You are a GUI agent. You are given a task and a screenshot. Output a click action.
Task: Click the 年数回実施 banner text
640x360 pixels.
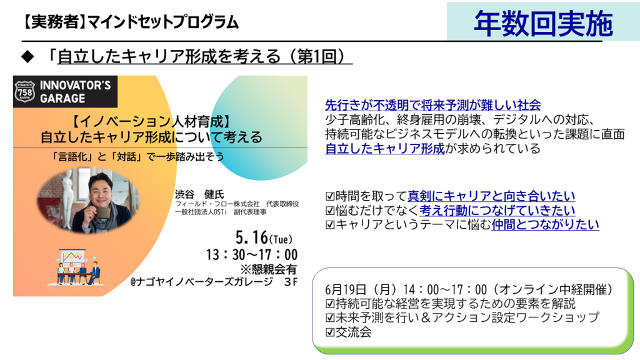pos(543,24)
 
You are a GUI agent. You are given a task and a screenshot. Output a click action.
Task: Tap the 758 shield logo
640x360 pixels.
pos(25,91)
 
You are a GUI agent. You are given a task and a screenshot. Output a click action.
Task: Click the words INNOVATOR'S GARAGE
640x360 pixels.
pos(75,92)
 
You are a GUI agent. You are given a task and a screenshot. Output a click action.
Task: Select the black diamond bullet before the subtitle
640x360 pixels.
pos(27,57)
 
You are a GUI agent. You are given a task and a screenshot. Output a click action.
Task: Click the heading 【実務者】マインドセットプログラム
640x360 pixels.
pos(130,22)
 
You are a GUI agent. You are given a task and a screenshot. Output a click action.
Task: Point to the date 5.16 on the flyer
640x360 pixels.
pos(252,237)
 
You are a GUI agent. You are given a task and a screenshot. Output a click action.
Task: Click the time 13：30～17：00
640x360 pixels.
pos(252,255)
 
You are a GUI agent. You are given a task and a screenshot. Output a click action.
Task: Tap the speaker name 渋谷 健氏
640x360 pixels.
pos(199,194)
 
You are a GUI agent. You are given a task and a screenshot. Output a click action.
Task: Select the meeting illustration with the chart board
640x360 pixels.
pos(77,267)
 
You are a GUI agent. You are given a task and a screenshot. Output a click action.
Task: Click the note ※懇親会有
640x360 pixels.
pos(269,269)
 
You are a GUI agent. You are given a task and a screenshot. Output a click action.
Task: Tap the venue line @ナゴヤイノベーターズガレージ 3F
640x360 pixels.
pos(214,282)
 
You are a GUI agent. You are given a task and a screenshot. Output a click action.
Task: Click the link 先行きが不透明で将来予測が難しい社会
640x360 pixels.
pos(433,105)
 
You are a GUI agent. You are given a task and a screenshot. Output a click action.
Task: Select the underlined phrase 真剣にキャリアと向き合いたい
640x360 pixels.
pos(491,196)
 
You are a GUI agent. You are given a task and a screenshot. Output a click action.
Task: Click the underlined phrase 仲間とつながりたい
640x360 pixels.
pos(545,224)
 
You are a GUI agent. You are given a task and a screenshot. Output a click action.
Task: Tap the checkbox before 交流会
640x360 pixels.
pos(330,332)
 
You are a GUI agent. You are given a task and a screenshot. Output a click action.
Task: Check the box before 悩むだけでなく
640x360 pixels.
pos(330,211)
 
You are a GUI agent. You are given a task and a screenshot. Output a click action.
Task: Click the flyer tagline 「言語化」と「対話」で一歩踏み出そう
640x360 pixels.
pos(137,157)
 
